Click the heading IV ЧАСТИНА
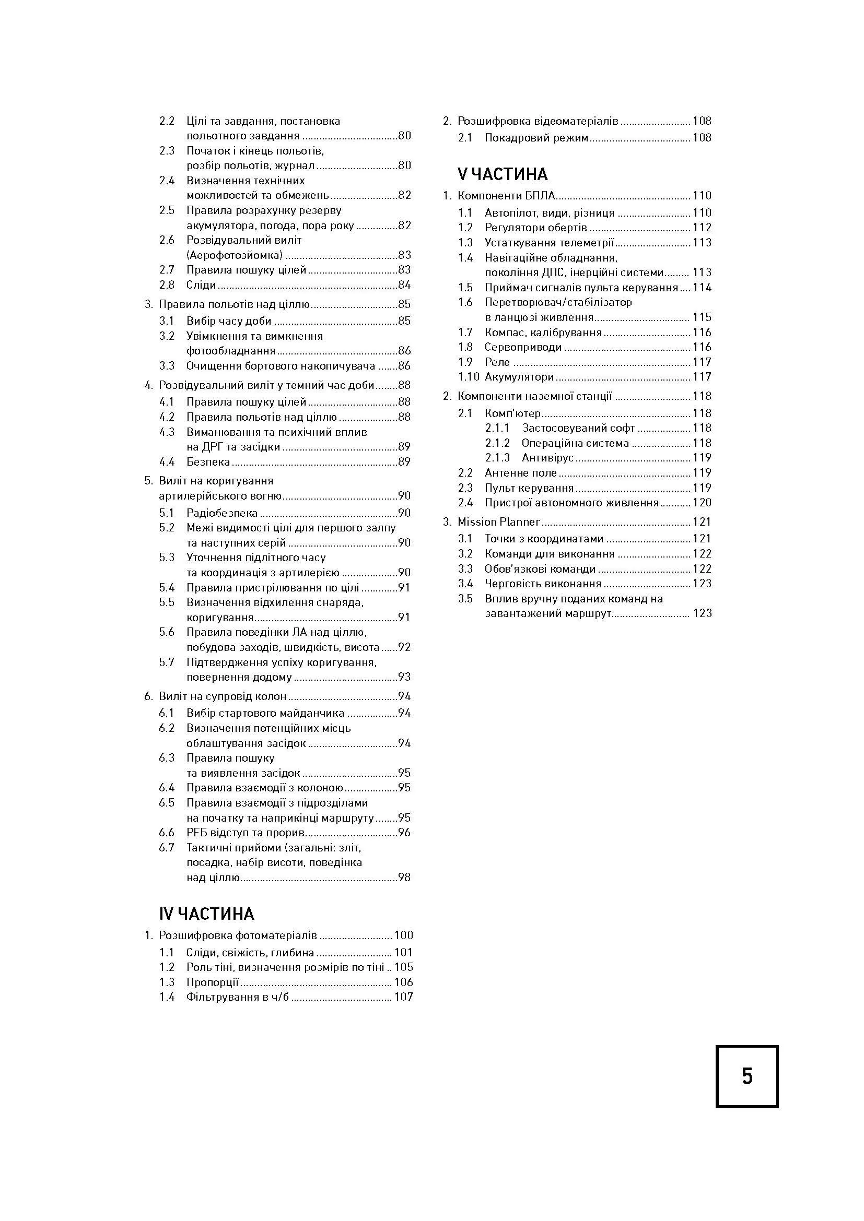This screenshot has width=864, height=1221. coord(206,914)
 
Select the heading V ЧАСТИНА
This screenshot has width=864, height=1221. coord(503,174)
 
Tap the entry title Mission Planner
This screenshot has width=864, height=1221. coord(498,521)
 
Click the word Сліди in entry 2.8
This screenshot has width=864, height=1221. coord(201,285)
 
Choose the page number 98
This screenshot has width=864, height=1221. coord(404,878)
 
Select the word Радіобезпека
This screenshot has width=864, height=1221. coord(222,513)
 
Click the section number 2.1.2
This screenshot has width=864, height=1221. coord(497,443)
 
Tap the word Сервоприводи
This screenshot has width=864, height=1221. coord(523,347)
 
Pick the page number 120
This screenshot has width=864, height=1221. coord(702,503)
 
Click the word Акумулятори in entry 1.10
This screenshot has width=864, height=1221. coord(519,377)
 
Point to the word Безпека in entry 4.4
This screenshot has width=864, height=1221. coord(208,461)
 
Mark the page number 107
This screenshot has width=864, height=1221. coord(403,997)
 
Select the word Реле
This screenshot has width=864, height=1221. coord(497,362)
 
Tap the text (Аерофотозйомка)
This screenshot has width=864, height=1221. coord(235,255)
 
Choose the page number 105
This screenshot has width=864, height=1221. coord(403,967)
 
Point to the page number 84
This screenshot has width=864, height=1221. coord(404,285)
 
